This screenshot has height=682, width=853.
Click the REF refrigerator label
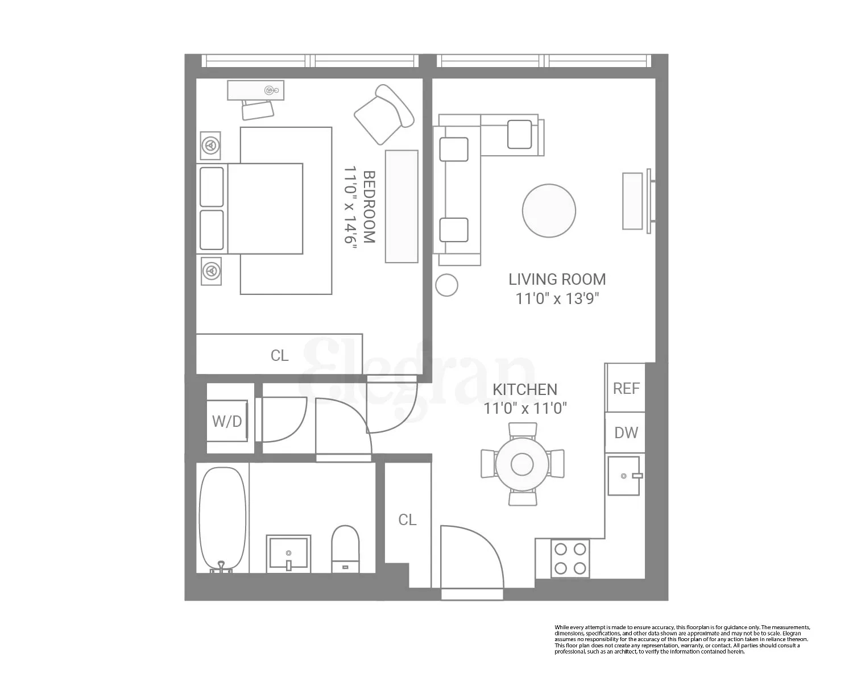point(626,388)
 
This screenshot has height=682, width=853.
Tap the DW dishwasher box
point(626,433)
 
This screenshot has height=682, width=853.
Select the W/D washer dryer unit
point(227,421)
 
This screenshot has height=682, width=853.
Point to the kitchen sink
point(624,476)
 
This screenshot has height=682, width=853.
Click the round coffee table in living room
point(549,210)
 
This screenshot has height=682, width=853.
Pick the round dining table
point(522,464)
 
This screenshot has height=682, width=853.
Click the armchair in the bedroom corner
point(384,114)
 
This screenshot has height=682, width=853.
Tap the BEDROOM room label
point(368,207)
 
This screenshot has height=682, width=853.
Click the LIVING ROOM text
point(557,279)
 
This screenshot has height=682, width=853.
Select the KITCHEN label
point(524,389)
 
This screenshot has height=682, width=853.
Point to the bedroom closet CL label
point(279,355)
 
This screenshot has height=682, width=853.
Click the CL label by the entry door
point(407,519)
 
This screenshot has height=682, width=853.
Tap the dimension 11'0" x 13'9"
point(557,298)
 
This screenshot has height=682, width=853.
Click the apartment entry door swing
point(471,557)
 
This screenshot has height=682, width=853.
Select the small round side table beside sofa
point(446,285)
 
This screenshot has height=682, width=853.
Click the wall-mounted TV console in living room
point(632,201)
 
